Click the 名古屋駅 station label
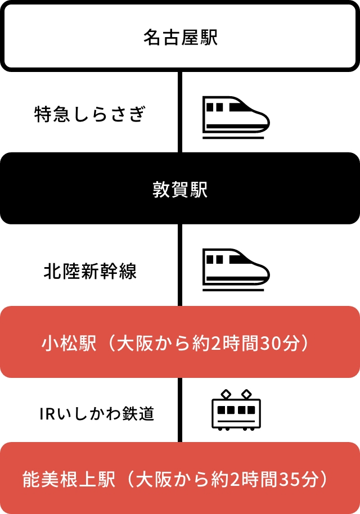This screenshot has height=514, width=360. [x=180, y=38]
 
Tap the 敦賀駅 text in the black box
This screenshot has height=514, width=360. [x=180, y=190]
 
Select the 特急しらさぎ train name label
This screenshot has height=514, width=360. [x=90, y=115]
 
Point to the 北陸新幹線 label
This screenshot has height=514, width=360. [x=90, y=272]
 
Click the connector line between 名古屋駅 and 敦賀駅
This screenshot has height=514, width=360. [x=180, y=112]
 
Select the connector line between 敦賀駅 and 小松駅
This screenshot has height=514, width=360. [x=180, y=264]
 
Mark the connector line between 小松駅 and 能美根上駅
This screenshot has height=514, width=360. [x=180, y=409]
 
